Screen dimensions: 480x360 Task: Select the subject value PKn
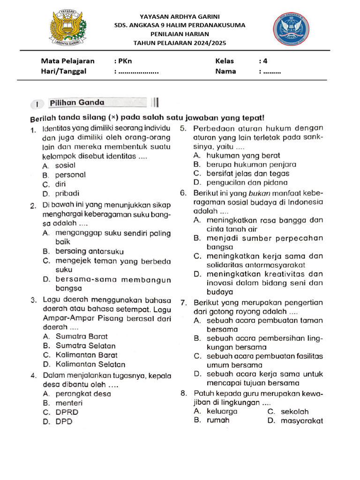(125, 61)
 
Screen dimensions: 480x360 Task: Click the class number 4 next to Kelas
(265, 61)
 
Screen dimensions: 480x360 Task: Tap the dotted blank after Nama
(272, 72)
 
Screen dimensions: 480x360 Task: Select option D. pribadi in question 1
(60, 193)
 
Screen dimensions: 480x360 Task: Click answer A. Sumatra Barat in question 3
(75, 336)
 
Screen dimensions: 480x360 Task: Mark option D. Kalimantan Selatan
(84, 364)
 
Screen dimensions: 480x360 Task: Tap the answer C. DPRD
(60, 412)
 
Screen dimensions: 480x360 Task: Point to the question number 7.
(184, 303)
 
